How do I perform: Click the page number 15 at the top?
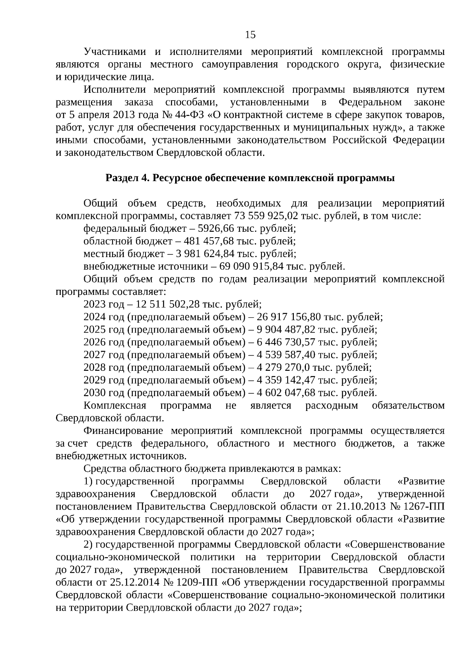250,35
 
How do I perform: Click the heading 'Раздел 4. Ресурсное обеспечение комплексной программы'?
250,178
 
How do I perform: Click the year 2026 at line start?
95,342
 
